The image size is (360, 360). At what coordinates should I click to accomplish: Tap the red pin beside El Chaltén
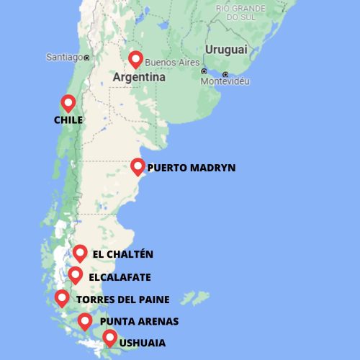tap(80, 253)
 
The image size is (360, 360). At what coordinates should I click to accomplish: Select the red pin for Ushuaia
tap(109, 337)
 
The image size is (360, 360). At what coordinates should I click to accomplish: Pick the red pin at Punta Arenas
tap(85, 321)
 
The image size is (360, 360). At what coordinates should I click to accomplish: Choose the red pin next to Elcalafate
tap(75, 275)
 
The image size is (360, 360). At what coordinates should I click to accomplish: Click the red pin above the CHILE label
tap(68, 103)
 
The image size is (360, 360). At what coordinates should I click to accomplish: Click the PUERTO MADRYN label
tap(191, 168)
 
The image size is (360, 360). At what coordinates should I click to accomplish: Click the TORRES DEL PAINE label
tap(122, 300)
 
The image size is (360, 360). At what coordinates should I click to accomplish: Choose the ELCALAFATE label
tap(120, 277)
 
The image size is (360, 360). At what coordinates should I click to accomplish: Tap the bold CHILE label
tap(68, 120)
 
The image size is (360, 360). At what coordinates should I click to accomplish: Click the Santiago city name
tap(63, 57)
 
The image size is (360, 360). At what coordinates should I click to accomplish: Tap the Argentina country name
tap(139, 76)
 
